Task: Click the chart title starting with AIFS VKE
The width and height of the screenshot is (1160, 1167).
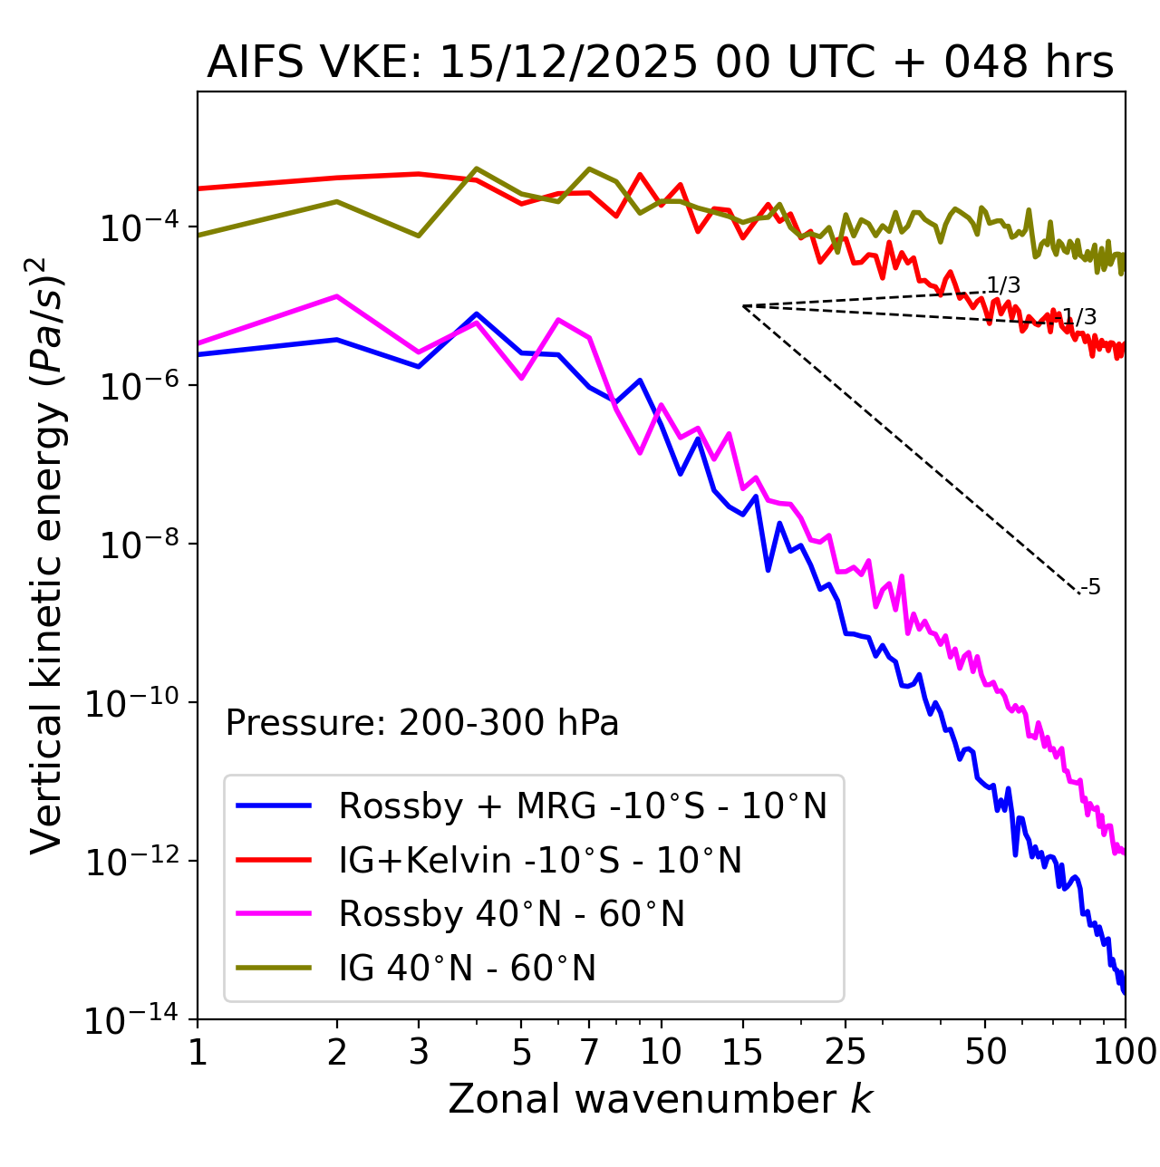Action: [660, 63]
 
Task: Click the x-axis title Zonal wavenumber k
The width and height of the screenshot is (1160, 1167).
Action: [660, 1098]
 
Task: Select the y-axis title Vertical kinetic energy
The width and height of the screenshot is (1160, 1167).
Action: [47, 555]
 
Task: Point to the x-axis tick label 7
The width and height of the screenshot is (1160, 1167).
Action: [589, 1052]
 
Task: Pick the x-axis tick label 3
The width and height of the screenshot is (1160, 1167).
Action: [419, 1052]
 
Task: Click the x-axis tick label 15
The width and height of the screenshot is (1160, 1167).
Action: [742, 1052]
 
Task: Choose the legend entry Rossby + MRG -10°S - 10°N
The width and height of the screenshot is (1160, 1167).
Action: [583, 805]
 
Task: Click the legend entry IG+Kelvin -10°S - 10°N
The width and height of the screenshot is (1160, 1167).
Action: [540, 860]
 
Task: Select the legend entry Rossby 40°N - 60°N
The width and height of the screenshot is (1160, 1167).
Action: [511, 914]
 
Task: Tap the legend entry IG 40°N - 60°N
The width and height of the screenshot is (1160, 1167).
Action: [468, 969]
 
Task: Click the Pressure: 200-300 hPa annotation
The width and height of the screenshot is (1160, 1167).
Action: [422, 723]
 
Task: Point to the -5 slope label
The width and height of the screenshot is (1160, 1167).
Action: [1093, 588]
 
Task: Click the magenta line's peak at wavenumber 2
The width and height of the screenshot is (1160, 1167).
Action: [337, 296]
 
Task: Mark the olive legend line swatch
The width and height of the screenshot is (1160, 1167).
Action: [274, 968]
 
